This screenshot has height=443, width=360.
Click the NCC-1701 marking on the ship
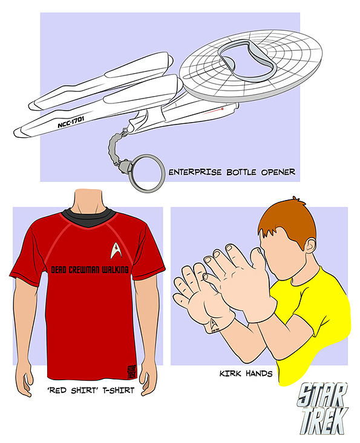71,122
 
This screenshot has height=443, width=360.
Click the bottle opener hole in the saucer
247,61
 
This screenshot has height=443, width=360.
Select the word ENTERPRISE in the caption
195,172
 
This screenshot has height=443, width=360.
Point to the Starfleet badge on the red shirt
116,250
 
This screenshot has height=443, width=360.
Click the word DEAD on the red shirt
59,270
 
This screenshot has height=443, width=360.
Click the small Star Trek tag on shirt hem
131,372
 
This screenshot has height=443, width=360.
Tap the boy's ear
310,246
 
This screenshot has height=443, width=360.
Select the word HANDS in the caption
259,373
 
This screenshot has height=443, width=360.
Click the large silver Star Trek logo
323,409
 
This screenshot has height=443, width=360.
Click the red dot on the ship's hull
222,109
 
